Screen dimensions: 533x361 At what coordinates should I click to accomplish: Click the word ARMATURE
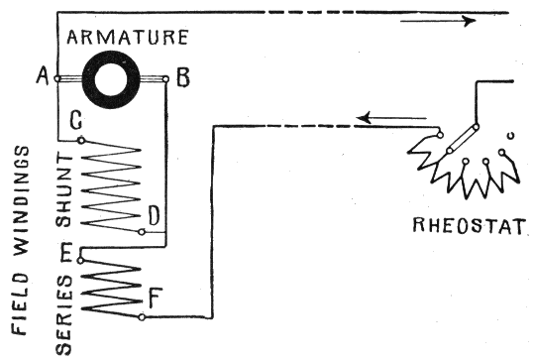click(128, 37)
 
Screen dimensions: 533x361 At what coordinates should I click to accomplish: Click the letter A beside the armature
click(43, 75)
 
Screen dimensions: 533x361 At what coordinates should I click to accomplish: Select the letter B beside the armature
click(183, 77)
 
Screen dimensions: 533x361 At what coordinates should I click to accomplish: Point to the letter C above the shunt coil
click(76, 120)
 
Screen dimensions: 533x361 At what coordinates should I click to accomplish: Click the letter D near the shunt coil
click(154, 216)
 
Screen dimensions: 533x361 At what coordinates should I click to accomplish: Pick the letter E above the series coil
click(66, 254)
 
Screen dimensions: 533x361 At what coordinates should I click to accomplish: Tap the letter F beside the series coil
click(156, 299)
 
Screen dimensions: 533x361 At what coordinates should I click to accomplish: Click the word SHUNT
click(64, 190)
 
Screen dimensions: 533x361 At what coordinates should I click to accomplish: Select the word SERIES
click(64, 315)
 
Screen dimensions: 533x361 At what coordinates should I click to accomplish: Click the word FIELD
click(20, 303)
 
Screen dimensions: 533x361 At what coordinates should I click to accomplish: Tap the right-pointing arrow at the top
click(438, 21)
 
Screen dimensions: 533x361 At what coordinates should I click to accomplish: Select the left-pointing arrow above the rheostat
click(391, 118)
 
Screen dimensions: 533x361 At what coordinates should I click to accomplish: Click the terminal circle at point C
click(81, 140)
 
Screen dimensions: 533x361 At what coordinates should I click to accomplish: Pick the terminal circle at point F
click(142, 317)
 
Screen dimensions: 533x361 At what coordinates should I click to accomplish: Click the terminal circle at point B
click(165, 79)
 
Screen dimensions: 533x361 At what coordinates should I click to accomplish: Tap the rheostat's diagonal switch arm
click(463, 139)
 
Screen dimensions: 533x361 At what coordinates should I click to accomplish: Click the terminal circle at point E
click(80, 261)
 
